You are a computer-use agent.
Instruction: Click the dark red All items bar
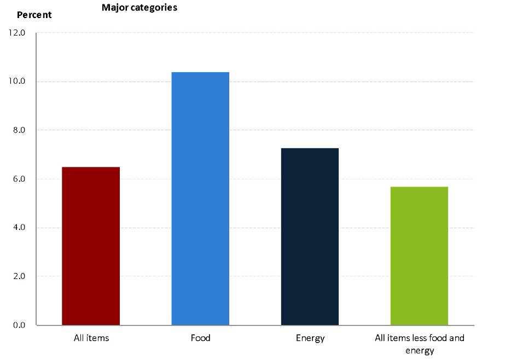[91, 246]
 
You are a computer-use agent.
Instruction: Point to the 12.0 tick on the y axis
[18, 33]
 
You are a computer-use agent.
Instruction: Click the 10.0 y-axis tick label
[18, 82]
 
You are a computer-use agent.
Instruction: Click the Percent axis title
[34, 15]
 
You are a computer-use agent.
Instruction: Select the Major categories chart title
[140, 8]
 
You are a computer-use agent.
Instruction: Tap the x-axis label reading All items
[91, 338]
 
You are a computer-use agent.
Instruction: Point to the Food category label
[200, 338]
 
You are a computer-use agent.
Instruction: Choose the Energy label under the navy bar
[310, 338]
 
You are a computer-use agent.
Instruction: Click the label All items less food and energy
[420, 344]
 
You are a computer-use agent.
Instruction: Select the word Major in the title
[114, 8]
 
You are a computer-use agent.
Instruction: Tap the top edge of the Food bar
[200, 73]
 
